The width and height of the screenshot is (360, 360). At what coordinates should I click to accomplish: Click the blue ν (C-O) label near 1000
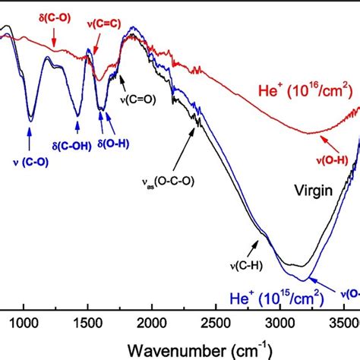pyautogui.click(x=30, y=159)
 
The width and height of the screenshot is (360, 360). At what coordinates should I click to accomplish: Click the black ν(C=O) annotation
pyautogui.click(x=137, y=98)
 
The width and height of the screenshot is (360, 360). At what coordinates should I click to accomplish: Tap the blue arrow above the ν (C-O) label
pyautogui.click(x=29, y=137)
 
